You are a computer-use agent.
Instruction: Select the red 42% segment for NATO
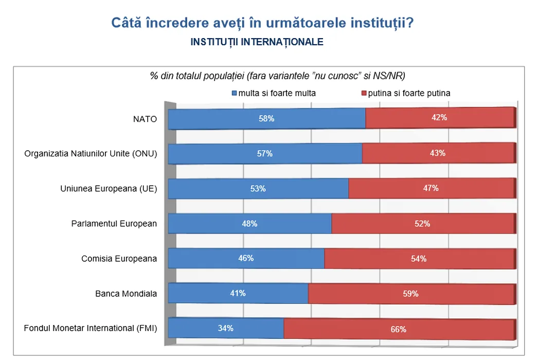click(439, 118)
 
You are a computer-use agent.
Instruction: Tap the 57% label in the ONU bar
click(265, 153)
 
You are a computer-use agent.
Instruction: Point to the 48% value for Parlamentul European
click(249, 224)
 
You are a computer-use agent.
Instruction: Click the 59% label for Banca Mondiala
click(411, 294)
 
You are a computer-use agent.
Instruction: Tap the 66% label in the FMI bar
click(399, 329)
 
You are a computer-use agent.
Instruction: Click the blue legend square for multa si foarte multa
click(234, 94)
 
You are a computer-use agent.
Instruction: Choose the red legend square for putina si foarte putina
click(364, 94)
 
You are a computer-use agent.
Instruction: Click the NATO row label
click(145, 119)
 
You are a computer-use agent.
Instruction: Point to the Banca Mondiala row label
click(126, 294)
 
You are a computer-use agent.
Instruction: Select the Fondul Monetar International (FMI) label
click(91, 328)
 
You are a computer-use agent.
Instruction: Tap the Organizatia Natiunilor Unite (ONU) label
click(91, 154)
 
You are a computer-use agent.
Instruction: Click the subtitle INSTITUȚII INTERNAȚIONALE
click(257, 42)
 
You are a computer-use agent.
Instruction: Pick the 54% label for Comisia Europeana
click(419, 259)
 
